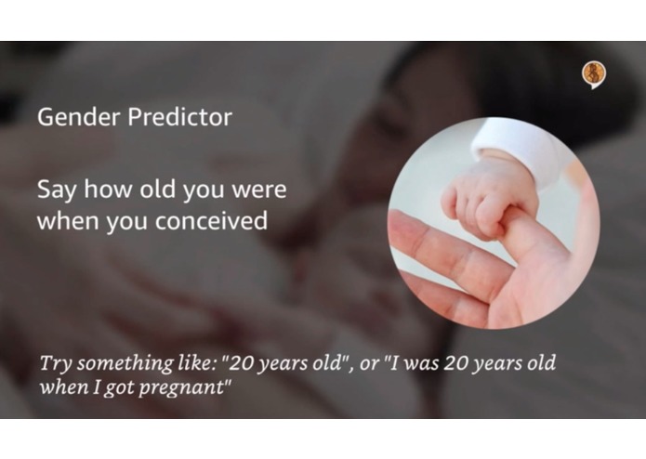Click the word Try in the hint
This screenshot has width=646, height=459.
[x=54, y=363]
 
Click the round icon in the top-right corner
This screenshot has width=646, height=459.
[x=592, y=73]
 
